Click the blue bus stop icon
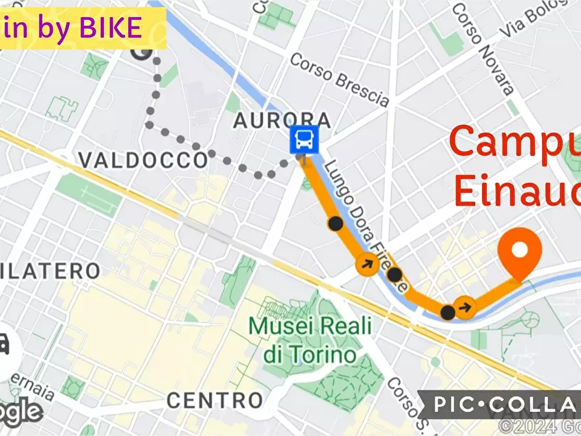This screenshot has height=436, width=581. (304, 139)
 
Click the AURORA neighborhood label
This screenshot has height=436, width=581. (282, 121)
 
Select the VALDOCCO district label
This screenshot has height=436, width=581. (142, 160)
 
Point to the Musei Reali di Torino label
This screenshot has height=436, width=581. (310, 339)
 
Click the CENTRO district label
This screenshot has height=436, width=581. (215, 400)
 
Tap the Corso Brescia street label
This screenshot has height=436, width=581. (339, 79)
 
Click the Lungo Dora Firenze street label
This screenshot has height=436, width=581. (367, 224)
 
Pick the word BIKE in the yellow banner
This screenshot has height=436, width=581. (111, 28)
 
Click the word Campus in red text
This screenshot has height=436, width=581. (514, 142)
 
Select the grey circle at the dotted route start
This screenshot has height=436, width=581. (142, 53)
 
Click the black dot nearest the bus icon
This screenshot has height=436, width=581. (335, 224)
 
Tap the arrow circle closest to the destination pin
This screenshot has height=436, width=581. (464, 305)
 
